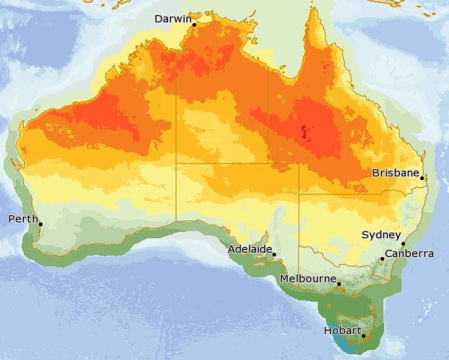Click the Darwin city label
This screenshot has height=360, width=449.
tap(172, 19)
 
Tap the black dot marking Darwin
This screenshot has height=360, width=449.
tap(194, 24)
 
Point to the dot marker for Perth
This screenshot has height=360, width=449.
tap(40, 224)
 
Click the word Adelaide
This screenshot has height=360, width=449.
tap(250, 249)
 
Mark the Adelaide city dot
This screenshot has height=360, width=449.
tap(274, 254)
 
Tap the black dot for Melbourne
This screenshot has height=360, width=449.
tap(339, 284)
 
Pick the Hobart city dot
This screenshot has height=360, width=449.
tap(363, 336)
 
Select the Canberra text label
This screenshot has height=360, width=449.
tap(409, 253)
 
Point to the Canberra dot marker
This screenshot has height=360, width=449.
tap(382, 258)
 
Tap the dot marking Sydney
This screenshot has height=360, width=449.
tap(402, 244)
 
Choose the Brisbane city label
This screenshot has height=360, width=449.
tap(396, 173)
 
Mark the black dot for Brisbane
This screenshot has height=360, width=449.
tap(422, 178)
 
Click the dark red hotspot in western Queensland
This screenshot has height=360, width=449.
tap(308, 131)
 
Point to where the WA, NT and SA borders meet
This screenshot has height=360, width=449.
tap(177, 163)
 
